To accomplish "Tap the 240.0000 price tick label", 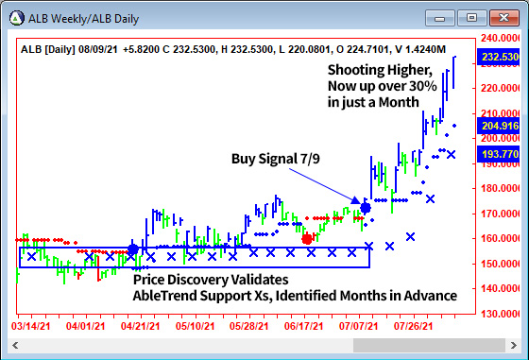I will [501, 39].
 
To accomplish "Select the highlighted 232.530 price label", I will [501, 58].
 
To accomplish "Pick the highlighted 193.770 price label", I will [501, 153].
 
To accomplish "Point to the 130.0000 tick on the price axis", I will [501, 313].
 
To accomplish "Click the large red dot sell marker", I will [307, 238].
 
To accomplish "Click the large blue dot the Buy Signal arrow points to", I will [366, 206].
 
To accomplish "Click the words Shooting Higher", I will [380, 70].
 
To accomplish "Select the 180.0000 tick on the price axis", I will [501, 188].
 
